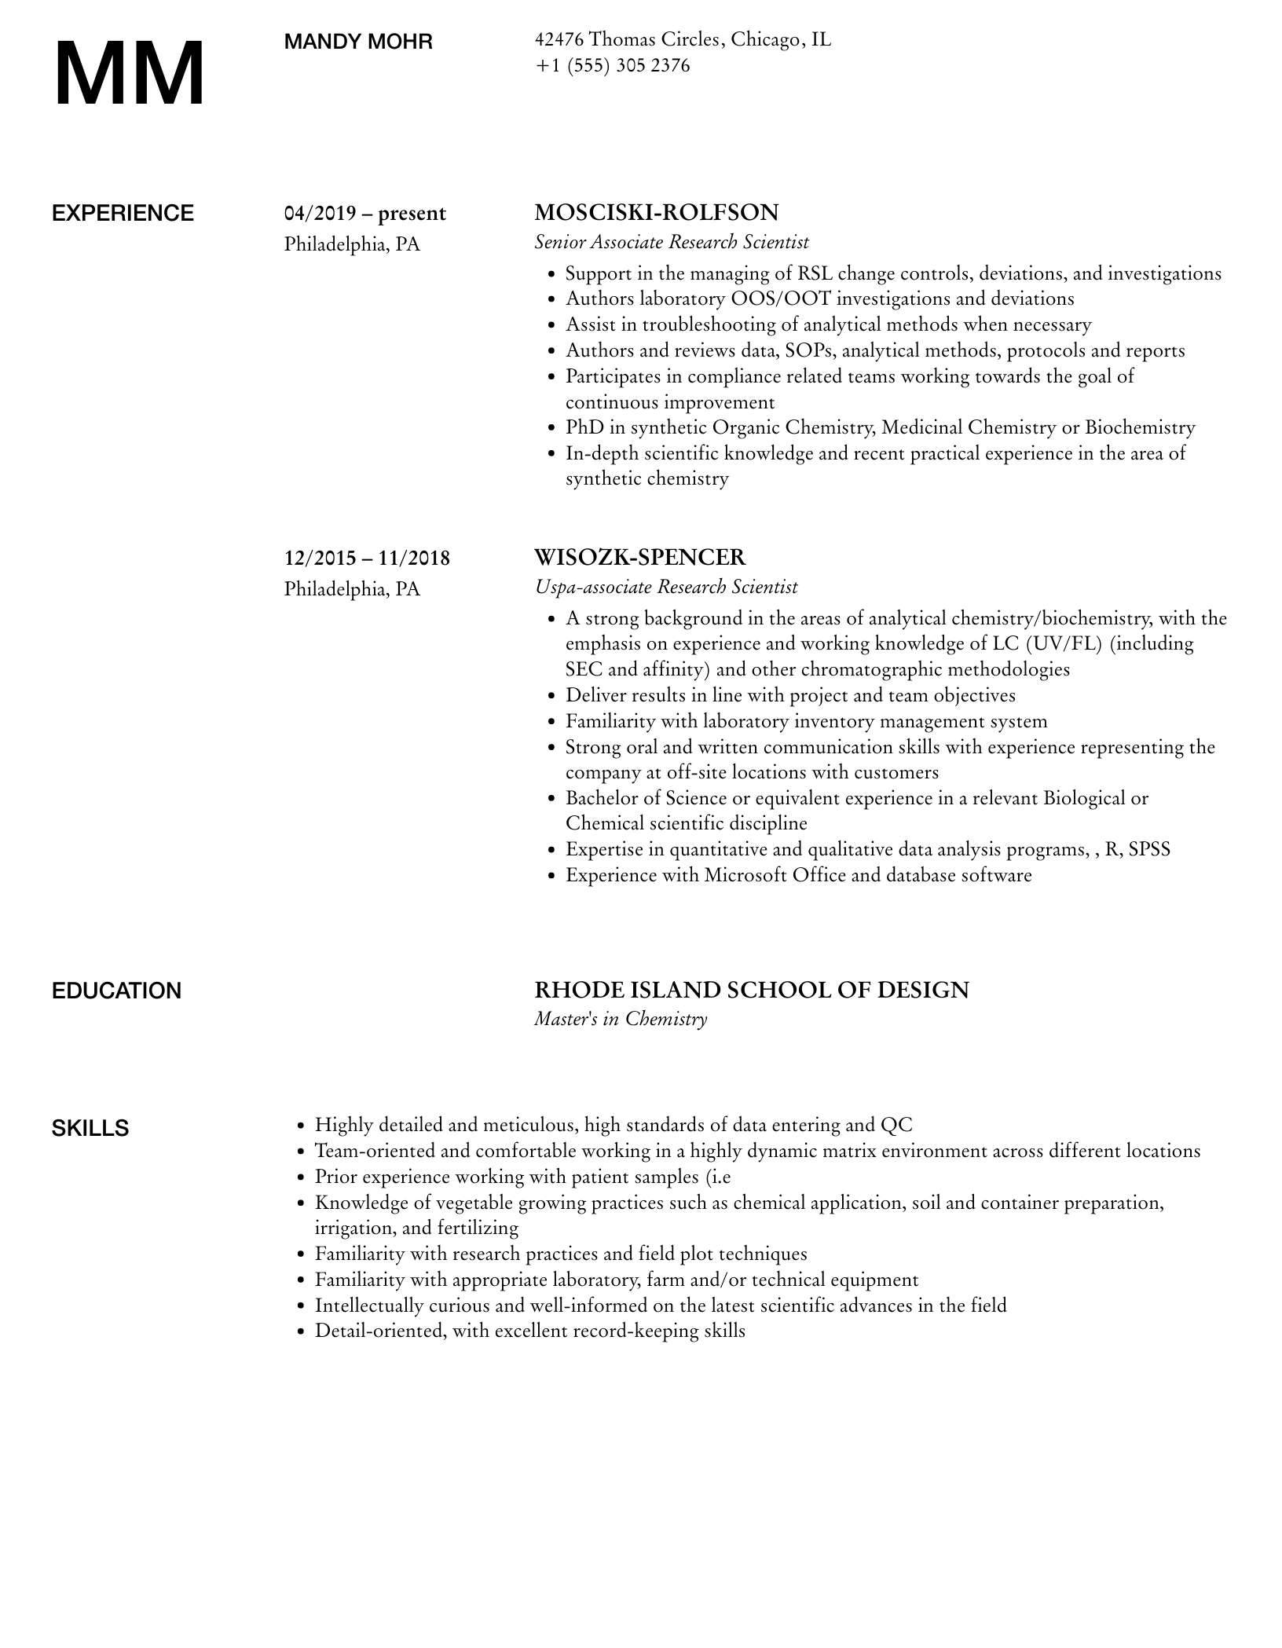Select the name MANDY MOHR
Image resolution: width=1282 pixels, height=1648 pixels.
358,42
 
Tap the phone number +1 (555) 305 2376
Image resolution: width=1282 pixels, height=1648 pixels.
612,65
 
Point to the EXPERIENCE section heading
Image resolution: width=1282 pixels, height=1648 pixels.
123,214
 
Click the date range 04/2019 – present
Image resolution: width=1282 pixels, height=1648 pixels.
364,214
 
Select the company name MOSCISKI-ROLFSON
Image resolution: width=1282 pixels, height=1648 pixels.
656,212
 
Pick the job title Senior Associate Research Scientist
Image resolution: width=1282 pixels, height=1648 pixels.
672,242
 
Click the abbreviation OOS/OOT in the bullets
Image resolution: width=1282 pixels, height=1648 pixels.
784,298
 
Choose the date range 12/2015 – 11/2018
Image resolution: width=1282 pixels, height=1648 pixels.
367,558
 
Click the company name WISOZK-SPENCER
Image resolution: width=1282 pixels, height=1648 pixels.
639,557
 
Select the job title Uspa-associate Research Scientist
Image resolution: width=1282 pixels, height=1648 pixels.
665,587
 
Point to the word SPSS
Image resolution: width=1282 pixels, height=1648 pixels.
1149,849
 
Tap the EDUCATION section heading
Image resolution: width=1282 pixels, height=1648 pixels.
116,991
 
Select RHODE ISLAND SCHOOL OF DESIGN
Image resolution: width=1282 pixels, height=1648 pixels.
751,990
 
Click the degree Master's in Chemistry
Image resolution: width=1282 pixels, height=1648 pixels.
621,1019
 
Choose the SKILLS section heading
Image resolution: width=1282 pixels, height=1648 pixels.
90,1129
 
